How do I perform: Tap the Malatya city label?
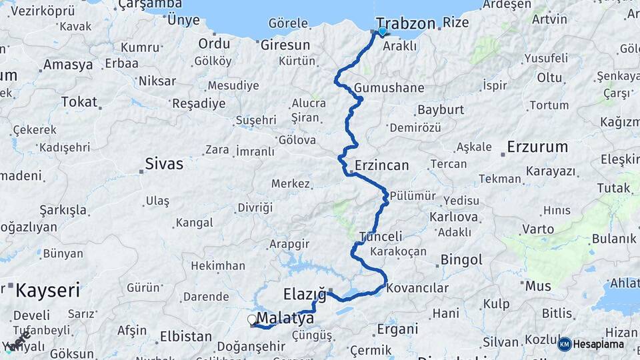[285, 317]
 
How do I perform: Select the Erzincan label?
[381, 165]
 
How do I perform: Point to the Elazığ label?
[305, 293]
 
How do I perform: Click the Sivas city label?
[164, 163]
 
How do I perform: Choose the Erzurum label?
[537, 147]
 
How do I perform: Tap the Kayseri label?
[47, 290]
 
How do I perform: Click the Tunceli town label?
[381, 236]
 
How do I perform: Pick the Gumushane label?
[389, 88]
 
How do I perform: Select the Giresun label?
[285, 45]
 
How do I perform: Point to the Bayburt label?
[439, 109]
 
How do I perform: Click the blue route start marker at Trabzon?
[382, 31]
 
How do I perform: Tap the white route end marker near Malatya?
[252, 320]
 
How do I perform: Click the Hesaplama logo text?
[599, 344]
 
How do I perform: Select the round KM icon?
[565, 344]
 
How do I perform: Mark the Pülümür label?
[412, 195]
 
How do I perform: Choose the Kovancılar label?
[417, 288]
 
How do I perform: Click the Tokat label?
[79, 102]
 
